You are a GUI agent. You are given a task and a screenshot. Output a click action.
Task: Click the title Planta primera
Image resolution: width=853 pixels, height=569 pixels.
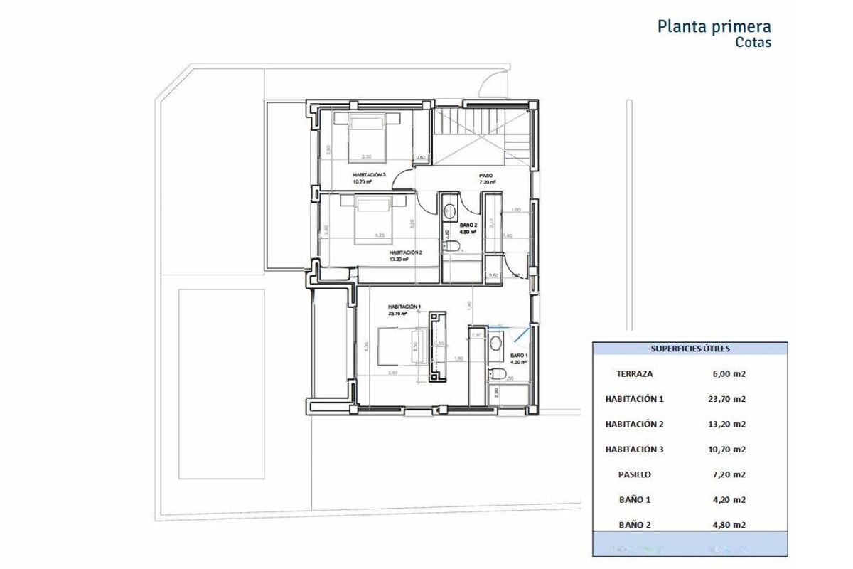click(x=714, y=27)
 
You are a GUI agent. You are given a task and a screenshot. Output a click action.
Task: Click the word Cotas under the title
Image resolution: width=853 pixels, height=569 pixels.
click(x=753, y=42)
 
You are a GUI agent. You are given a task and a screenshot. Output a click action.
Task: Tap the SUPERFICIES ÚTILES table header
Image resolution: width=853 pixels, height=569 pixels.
click(x=690, y=349)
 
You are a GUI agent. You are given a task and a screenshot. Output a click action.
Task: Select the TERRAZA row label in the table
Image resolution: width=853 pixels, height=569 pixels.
click(x=635, y=373)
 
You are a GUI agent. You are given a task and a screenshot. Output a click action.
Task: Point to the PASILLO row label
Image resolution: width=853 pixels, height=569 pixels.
click(x=635, y=474)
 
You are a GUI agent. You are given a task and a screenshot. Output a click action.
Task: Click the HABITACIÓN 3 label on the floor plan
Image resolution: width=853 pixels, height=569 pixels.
click(x=369, y=174)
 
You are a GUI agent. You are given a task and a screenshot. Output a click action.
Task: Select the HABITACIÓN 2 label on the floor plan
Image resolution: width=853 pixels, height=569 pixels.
click(x=405, y=252)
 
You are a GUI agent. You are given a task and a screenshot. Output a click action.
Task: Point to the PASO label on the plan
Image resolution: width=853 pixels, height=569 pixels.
click(x=486, y=175)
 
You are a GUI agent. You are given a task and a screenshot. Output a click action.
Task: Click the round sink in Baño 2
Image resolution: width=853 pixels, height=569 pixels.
click(x=449, y=211)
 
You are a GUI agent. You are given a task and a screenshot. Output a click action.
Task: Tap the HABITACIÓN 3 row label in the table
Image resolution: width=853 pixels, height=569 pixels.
click(x=635, y=450)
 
